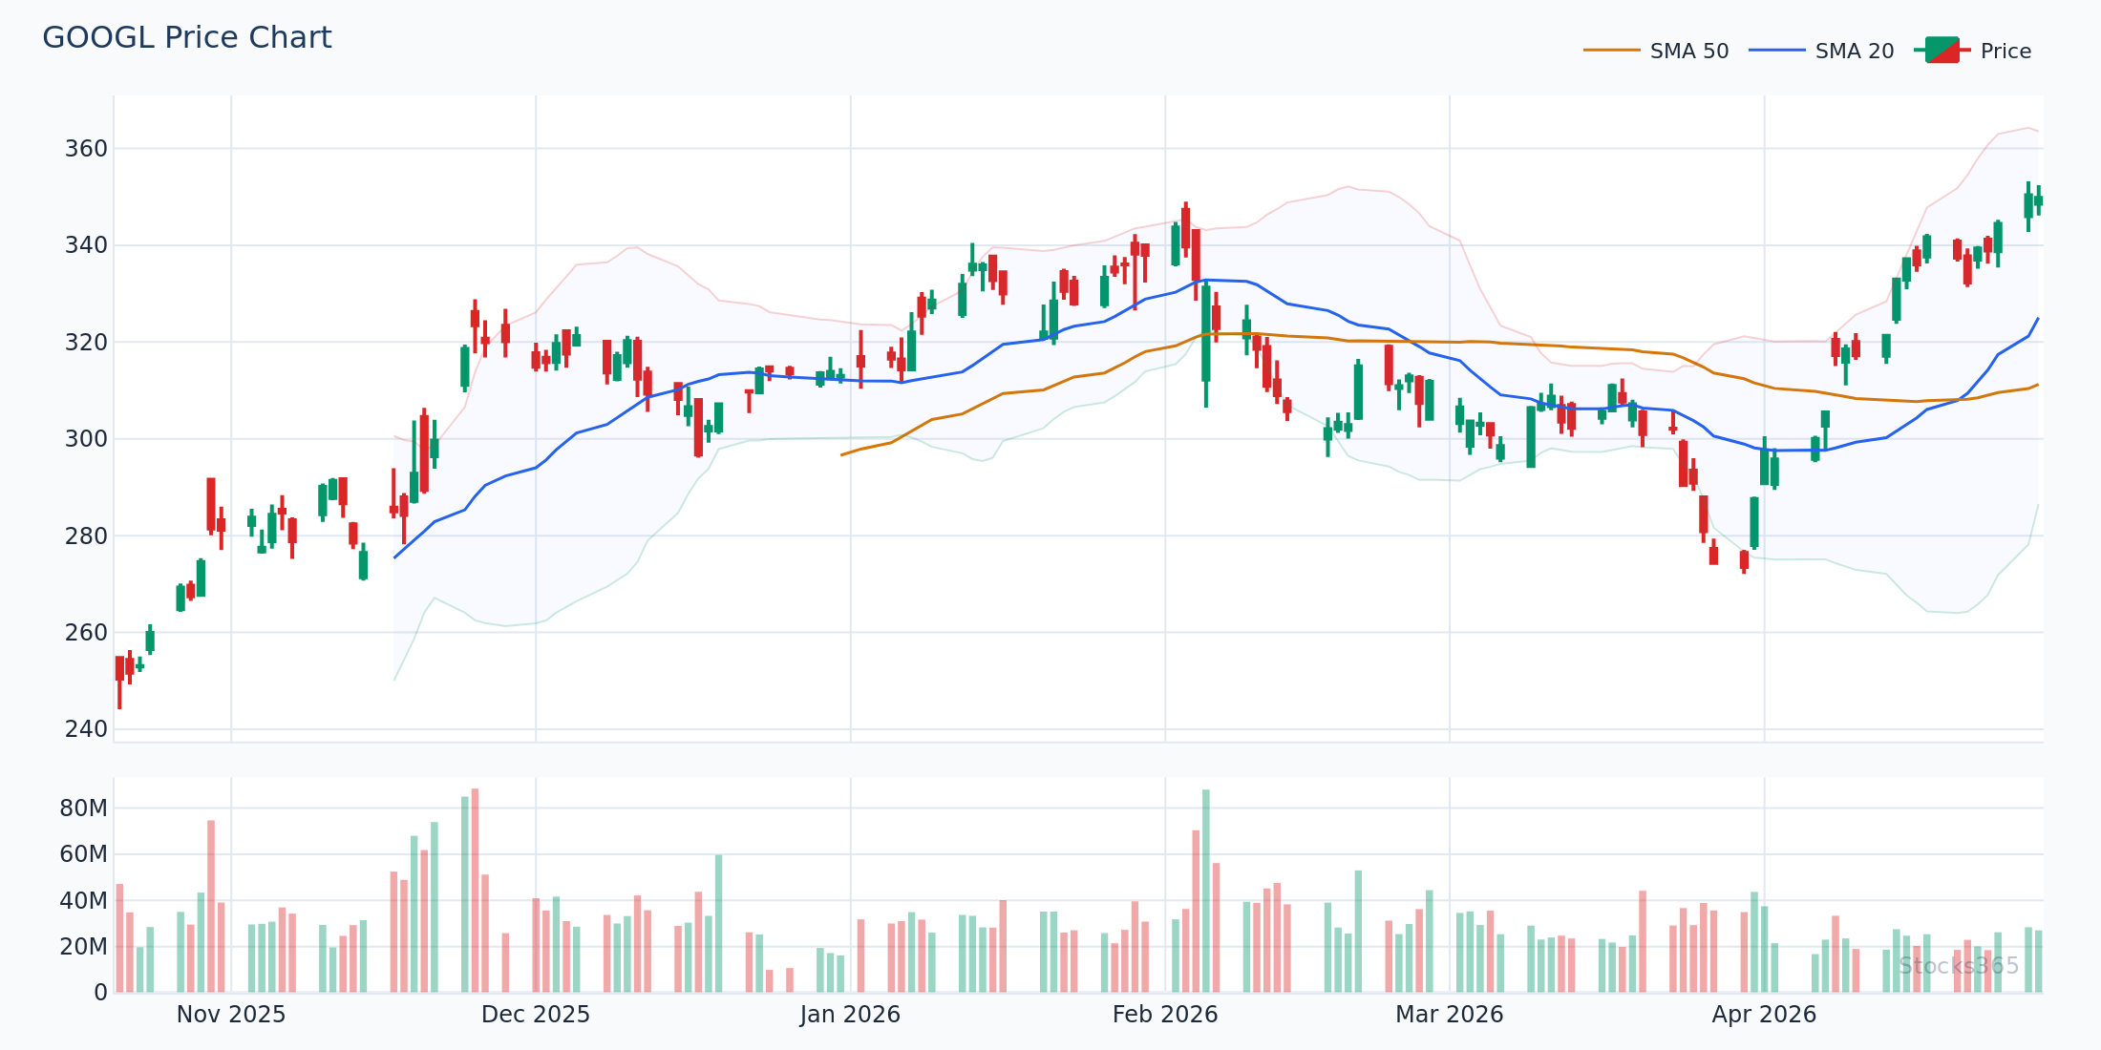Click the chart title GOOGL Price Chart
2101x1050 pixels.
187,38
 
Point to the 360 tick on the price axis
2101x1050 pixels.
86,149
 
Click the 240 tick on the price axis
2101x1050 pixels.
86,729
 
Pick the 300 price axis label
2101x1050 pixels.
86,439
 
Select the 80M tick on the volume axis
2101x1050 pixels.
84,808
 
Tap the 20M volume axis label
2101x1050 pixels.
84,947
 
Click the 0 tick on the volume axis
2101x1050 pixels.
100,993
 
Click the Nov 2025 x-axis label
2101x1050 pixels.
231,1015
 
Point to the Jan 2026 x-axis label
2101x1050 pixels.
850,1015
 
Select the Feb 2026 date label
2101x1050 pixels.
1165,1015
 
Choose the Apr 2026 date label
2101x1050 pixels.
1764,1015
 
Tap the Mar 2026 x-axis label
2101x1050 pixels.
1450,1015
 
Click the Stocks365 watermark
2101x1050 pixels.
1959,966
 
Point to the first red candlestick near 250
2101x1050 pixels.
119,668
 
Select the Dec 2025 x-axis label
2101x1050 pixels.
536,1015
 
